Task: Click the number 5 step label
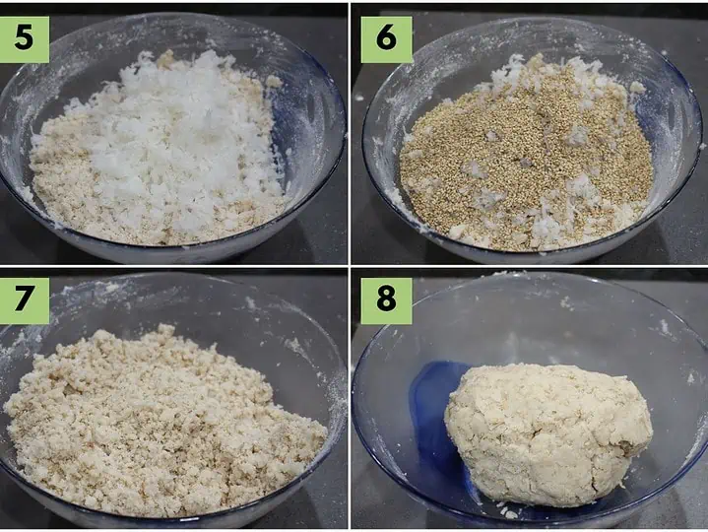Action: tap(24, 38)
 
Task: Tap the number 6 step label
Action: tap(387, 38)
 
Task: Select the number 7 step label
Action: tap(24, 299)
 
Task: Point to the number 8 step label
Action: tap(387, 299)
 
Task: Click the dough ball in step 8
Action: tap(548, 434)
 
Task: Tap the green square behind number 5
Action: tap(25, 39)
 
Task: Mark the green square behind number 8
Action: tap(387, 300)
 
